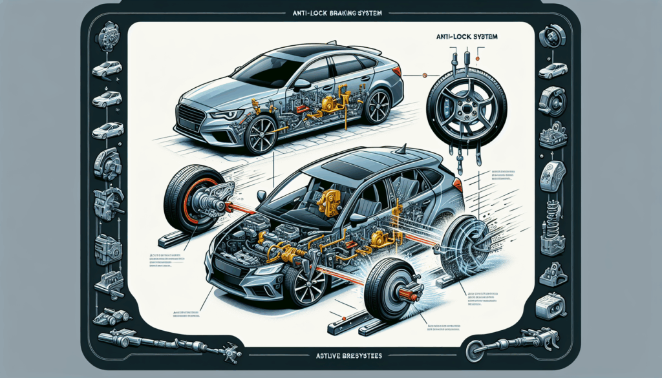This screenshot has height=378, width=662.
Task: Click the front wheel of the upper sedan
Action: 261,134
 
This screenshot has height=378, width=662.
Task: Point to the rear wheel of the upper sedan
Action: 376,106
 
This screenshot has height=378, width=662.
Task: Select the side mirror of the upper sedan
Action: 301,84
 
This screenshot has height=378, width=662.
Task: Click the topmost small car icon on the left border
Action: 107,68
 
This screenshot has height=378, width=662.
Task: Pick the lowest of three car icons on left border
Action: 107,131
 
